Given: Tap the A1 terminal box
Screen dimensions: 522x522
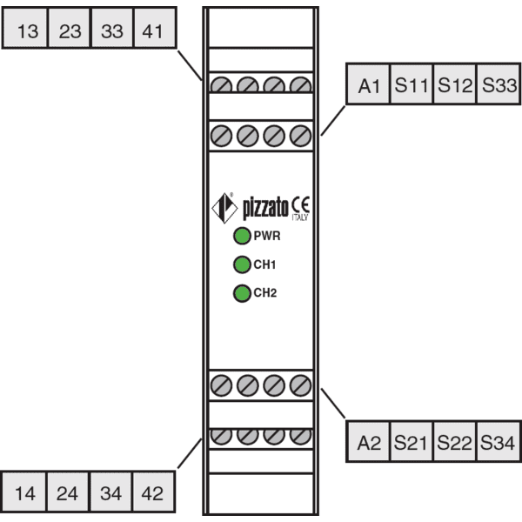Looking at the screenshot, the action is (x=368, y=84).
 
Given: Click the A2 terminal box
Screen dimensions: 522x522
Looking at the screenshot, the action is (x=368, y=441).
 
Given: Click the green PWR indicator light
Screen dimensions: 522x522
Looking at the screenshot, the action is (x=242, y=236).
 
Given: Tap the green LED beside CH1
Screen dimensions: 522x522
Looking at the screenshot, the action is (x=242, y=264).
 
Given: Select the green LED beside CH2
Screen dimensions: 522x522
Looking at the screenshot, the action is (x=242, y=293).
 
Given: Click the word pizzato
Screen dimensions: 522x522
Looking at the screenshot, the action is (x=265, y=209).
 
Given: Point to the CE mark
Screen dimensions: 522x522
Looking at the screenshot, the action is (x=301, y=204).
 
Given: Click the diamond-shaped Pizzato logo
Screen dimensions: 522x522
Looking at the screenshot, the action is (x=224, y=208).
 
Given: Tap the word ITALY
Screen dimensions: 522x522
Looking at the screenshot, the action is (x=300, y=217).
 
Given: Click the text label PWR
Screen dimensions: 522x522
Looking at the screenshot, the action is (x=267, y=236).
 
